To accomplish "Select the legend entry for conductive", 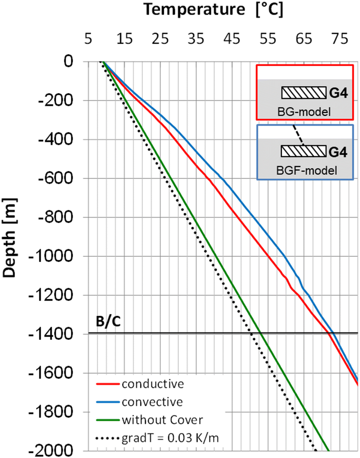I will click(x=147, y=384).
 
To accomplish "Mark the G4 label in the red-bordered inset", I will click(x=338, y=93).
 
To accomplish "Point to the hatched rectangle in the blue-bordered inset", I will click(x=303, y=151).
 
